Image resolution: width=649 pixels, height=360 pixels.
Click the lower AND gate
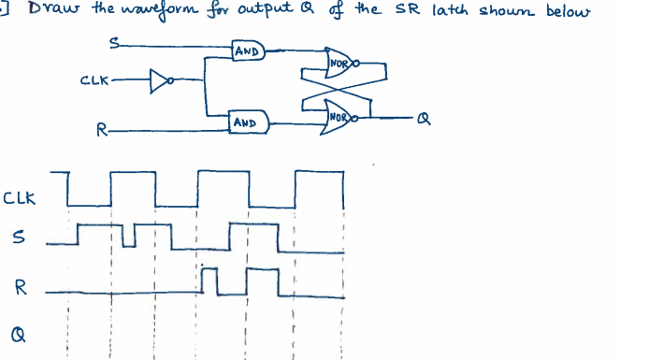click(x=248, y=121)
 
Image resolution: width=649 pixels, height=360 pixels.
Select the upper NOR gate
click(x=339, y=65)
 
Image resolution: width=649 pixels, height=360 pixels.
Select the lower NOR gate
click(x=339, y=117)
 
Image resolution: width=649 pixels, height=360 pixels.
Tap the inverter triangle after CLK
click(x=159, y=80)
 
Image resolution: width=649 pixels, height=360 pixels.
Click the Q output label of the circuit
click(x=425, y=120)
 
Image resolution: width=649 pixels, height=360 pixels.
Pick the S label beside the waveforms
click(x=18, y=242)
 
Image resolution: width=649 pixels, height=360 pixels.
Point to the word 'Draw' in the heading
click(x=44, y=11)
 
